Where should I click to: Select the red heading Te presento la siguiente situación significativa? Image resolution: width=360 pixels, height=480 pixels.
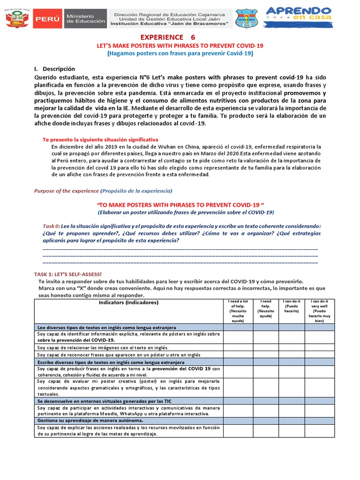(x=100, y=140)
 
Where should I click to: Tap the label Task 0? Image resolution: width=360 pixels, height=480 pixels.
(x=51, y=225)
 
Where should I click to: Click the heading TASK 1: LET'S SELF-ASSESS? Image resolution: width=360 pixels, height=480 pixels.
(x=68, y=274)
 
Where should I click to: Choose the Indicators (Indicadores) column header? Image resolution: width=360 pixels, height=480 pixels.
(x=128, y=302)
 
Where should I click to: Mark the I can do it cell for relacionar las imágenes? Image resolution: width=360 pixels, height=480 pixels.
(x=291, y=347)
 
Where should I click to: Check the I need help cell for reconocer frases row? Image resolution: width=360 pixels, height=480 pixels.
(x=266, y=355)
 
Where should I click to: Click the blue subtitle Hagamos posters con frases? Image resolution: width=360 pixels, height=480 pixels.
(x=180, y=53)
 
